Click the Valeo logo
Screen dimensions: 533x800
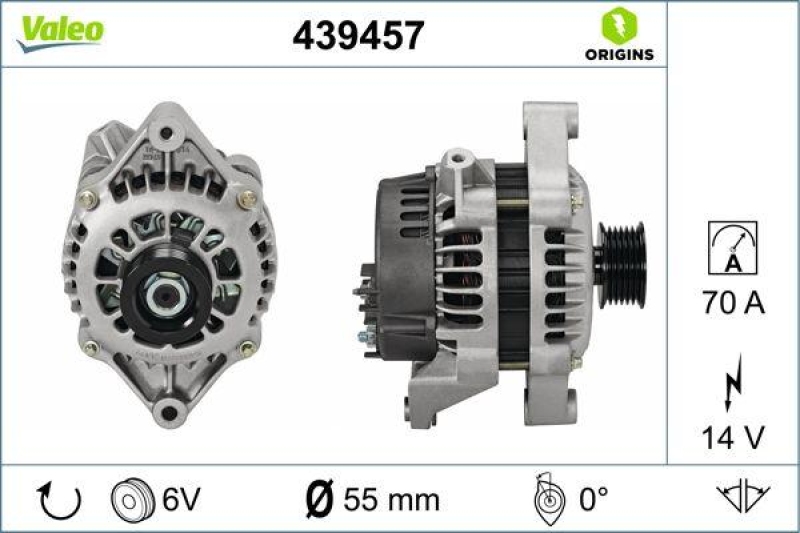(59, 31)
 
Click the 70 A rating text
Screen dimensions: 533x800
(732, 303)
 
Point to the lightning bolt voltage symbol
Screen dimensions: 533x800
(732, 383)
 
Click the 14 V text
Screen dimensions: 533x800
(732, 437)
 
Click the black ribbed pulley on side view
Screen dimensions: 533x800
(621, 262)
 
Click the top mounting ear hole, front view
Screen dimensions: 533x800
(166, 133)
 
